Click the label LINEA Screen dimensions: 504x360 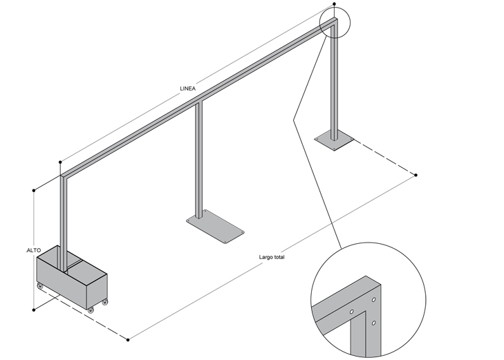coord(188,88)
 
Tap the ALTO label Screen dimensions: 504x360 coord(33,250)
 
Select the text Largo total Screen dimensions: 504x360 coord(272,257)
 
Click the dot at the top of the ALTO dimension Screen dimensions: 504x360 coord(34,191)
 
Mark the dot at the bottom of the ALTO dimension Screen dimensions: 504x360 coord(34,310)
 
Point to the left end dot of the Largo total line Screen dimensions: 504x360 coord(128,340)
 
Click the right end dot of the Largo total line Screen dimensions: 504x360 coord(416,175)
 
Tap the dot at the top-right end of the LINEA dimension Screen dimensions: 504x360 coord(335,4)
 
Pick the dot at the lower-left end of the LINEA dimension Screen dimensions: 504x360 coord(60,162)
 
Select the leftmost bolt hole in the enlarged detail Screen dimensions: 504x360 coord(352,312)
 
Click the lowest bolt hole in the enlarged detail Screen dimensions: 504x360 coord(373,323)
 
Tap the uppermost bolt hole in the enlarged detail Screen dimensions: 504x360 coord(373,300)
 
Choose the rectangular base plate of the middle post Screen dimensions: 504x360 coord(215,227)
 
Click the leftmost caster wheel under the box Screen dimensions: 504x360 coord(40,286)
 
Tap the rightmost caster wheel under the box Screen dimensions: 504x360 coord(105,301)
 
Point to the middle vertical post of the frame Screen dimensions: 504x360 coord(199,160)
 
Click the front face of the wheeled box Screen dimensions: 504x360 coord(62,283)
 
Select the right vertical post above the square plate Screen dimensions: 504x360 coord(335,80)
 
